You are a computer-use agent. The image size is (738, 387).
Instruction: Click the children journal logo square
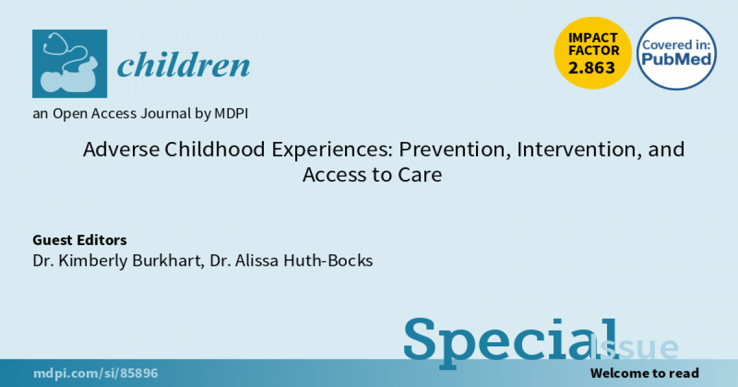click(69, 63)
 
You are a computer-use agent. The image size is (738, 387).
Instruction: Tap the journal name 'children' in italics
click(183, 64)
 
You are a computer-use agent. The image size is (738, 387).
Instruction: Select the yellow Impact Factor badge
click(593, 53)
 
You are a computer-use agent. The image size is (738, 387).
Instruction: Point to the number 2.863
click(592, 68)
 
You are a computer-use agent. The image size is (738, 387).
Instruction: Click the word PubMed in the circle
click(676, 59)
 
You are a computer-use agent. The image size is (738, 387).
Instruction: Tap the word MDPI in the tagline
click(231, 114)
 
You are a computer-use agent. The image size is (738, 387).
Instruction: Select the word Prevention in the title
click(454, 150)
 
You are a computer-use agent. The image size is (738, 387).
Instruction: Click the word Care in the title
click(419, 174)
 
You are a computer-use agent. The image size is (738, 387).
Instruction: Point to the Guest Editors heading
click(79, 240)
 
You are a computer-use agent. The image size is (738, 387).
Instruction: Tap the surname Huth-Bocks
click(328, 260)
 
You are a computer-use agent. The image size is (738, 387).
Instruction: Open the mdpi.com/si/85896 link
click(95, 373)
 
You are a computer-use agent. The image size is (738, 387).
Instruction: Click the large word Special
click(511, 342)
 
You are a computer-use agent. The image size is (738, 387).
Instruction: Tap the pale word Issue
click(634, 347)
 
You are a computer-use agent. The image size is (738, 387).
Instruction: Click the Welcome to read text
click(645, 373)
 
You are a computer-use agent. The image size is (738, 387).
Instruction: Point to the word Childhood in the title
click(215, 149)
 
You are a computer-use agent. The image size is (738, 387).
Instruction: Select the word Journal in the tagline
click(165, 114)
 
